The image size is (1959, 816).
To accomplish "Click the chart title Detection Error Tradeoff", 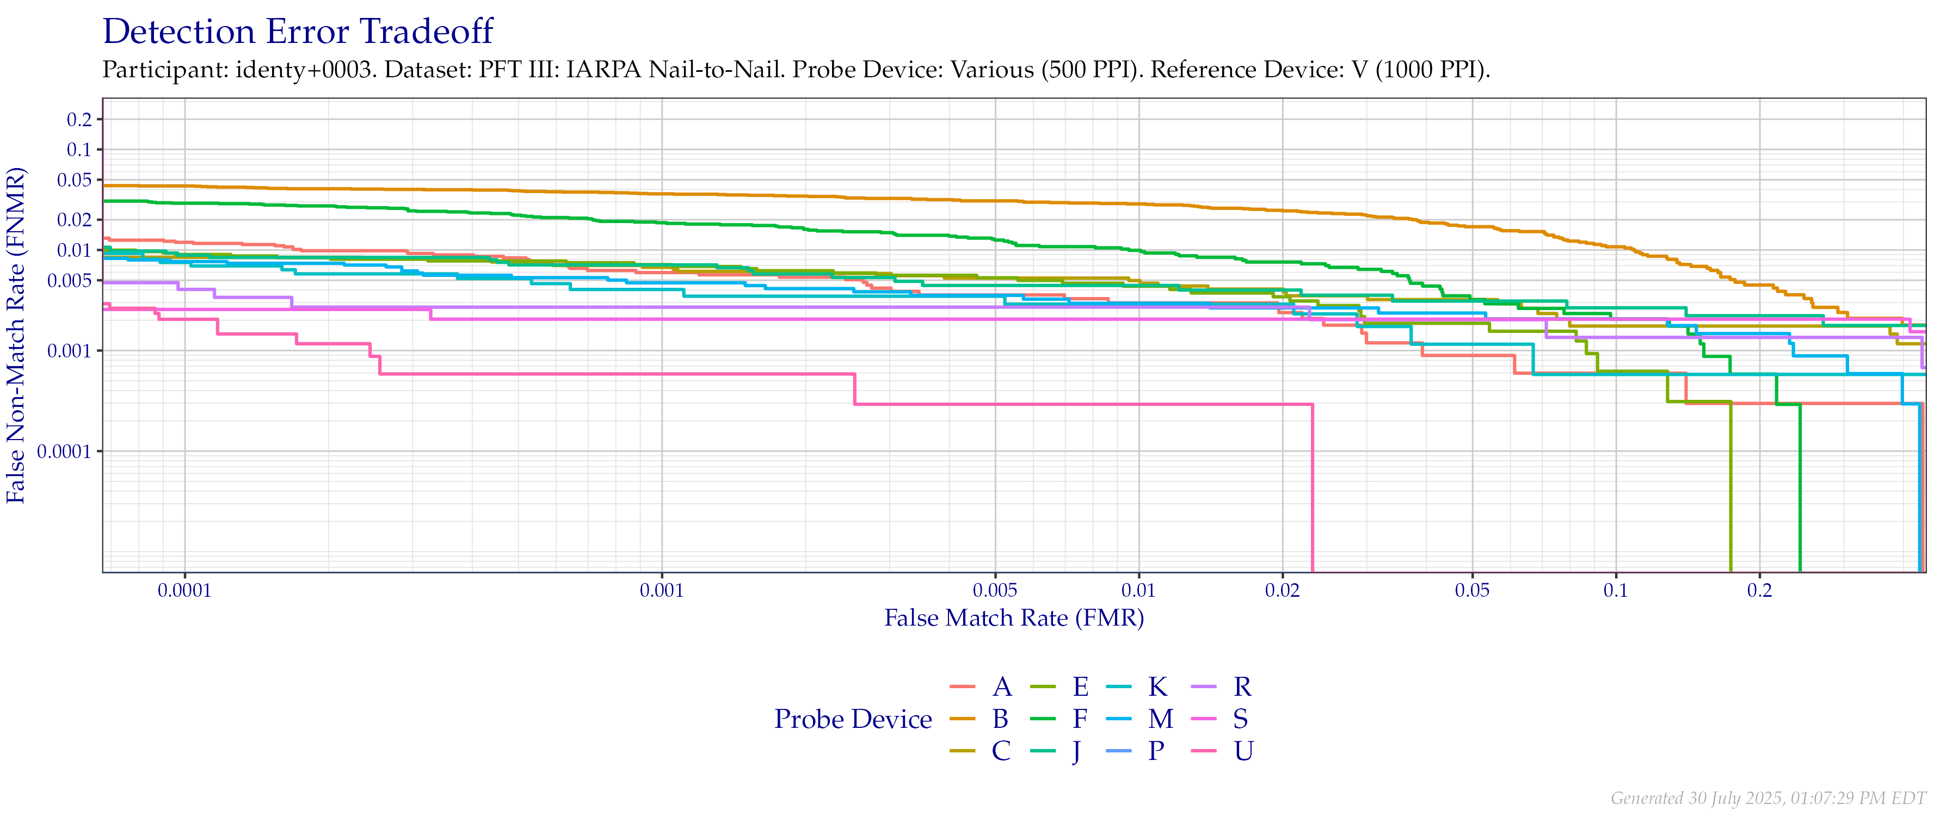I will click(298, 32).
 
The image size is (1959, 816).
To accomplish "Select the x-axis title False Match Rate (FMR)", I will click(1014, 617).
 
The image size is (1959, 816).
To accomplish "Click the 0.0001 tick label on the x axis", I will click(185, 591).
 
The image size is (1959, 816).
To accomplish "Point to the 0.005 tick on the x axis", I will click(995, 591).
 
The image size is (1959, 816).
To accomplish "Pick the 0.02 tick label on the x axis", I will click(1282, 591).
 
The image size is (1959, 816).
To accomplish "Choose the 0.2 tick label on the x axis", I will click(1759, 591).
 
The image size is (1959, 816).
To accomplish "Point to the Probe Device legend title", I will click(853, 719).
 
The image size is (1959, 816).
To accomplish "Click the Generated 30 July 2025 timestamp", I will click(1768, 798).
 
